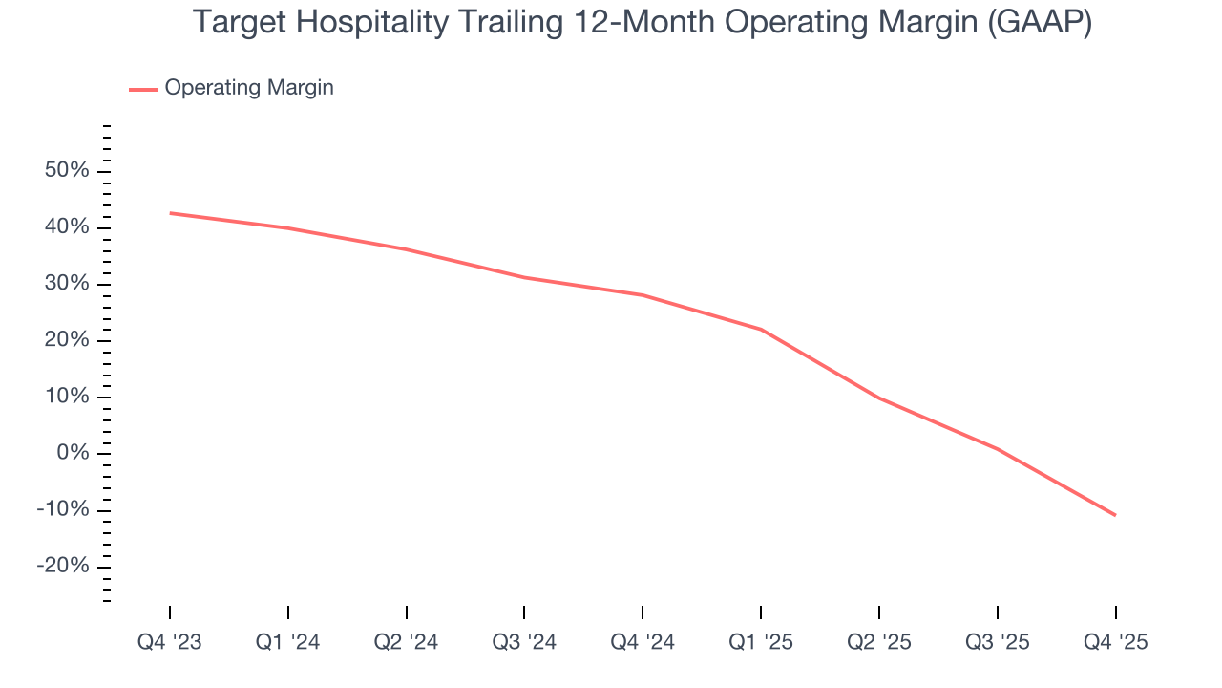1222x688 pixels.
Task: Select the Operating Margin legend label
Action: pos(249,88)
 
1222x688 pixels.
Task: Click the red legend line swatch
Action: pos(143,89)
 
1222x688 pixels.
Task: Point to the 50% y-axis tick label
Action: pos(67,171)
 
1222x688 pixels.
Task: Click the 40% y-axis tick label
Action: pos(67,227)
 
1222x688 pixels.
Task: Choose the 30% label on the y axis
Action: pos(67,284)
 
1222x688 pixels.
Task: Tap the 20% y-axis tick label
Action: pos(67,340)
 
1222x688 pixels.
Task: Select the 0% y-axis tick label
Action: pos(73,453)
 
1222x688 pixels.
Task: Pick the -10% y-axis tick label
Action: pos(63,509)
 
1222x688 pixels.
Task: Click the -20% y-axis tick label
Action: pos(63,566)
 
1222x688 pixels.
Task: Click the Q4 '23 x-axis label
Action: pos(170,642)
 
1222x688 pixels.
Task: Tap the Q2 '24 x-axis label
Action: pos(407,642)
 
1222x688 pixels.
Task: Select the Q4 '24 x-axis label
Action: pos(643,642)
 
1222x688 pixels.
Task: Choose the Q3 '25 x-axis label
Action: pos(998,642)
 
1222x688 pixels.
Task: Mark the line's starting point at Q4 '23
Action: pos(170,213)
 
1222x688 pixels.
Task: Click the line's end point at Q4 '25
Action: pos(1115,515)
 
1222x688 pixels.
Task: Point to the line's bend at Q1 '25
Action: pos(761,329)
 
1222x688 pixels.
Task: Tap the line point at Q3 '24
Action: pos(524,277)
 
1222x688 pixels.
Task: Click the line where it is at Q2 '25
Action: pos(879,398)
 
